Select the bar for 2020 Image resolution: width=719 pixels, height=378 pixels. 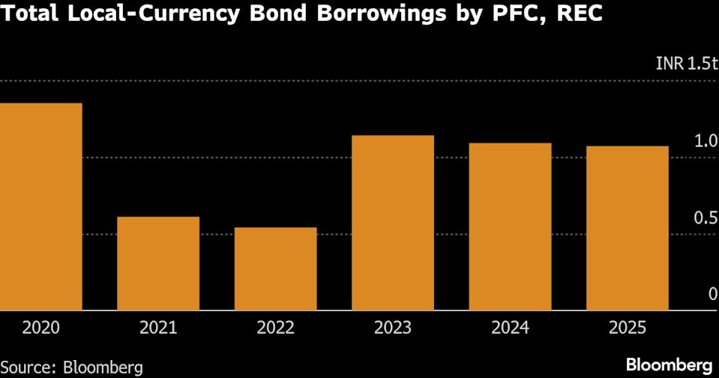tap(40, 206)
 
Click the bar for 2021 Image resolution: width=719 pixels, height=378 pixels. tap(158, 263)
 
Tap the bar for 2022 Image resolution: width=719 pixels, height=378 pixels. tap(275, 268)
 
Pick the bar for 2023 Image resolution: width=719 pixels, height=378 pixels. tap(393, 223)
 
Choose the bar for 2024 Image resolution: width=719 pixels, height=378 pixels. tap(510, 226)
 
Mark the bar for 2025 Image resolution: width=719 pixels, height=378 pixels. tap(628, 228)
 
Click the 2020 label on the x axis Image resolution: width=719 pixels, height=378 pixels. tap(40, 328)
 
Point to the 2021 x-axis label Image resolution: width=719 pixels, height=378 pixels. tap(158, 328)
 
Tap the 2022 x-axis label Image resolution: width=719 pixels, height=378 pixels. tap(275, 328)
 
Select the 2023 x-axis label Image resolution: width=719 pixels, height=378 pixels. tap(393, 328)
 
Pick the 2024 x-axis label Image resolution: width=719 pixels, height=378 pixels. tap(510, 328)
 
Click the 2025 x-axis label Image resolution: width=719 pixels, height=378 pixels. tap(628, 328)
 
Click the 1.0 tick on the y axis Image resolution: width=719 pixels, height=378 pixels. tap(705, 141)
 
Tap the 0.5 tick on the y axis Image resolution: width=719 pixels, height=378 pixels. tap(705, 217)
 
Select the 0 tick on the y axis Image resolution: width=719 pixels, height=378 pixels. tap(712, 293)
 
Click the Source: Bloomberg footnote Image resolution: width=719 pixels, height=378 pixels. tap(71, 367)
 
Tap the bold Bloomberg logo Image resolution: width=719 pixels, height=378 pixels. tap(670, 365)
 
